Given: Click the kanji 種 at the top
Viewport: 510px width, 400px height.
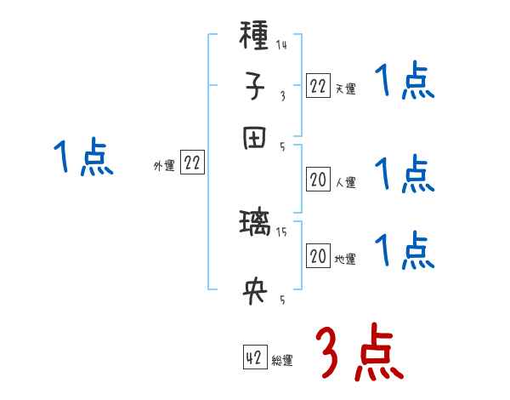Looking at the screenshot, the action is point(254,37).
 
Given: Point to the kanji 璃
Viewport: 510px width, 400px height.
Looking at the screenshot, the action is point(254,226).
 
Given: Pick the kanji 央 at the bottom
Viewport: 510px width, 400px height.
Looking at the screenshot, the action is point(254,292).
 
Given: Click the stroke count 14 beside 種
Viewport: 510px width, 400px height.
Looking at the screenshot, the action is point(281,45).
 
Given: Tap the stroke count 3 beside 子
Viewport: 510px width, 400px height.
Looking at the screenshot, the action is point(282,96).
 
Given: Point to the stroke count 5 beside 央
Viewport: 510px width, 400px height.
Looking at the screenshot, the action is point(282,300).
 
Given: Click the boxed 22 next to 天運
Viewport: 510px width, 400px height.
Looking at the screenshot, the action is point(318,86).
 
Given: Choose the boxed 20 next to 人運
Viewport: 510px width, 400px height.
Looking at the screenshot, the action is point(318,180).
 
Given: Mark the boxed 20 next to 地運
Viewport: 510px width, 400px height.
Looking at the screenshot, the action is point(318,257).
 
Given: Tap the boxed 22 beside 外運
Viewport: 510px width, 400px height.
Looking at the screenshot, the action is point(192,164).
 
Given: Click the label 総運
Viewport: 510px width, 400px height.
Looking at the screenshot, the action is point(282,361).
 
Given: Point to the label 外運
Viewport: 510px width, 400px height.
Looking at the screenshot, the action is point(164,166).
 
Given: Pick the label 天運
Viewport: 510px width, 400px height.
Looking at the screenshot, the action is point(345,89).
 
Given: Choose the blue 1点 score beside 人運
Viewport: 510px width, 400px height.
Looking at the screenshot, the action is point(404,174).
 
